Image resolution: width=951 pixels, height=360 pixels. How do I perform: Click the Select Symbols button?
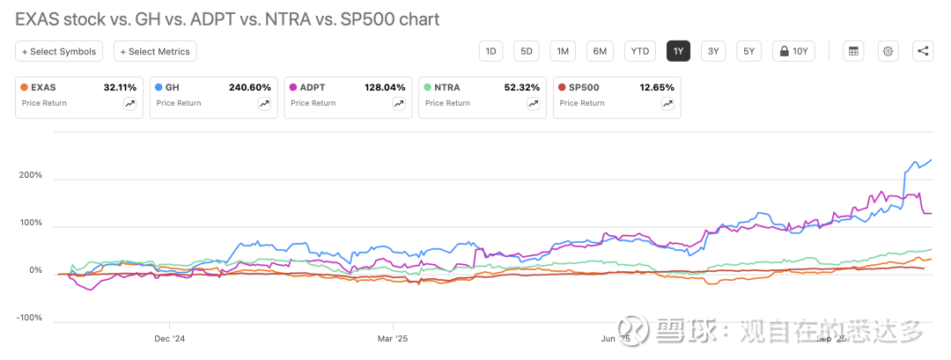[x=59, y=52]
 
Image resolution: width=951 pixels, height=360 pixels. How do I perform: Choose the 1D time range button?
[x=491, y=51]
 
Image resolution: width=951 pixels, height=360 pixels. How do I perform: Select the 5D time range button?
[x=527, y=51]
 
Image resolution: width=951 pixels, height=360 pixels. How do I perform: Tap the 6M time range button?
[x=600, y=51]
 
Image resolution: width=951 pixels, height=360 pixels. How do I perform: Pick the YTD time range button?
[x=640, y=51]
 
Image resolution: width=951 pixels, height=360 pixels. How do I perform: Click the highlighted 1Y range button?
[x=678, y=51]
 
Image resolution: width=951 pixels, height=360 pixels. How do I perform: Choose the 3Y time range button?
[x=713, y=51]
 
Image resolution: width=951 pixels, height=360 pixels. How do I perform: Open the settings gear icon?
[x=888, y=51]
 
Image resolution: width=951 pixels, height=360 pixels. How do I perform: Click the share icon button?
[x=923, y=51]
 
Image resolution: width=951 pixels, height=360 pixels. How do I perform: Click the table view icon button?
[x=852, y=51]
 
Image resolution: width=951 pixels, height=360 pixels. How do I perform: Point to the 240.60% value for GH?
[x=250, y=88]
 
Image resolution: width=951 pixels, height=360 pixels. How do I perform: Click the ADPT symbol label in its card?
[x=313, y=88]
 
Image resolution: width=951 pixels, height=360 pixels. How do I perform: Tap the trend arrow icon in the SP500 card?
[x=667, y=104]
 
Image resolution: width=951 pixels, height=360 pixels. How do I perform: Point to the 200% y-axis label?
[x=30, y=175]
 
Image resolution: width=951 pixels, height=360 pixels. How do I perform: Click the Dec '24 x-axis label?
[x=168, y=337]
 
